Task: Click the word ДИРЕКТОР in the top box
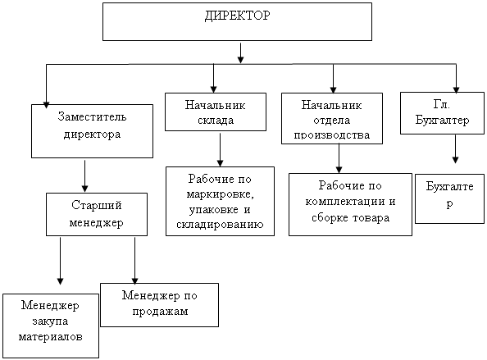click(237, 16)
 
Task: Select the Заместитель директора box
click(93, 131)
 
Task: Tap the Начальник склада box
click(216, 112)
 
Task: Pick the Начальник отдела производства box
click(332, 118)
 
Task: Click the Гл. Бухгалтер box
click(442, 113)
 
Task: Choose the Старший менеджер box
click(97, 214)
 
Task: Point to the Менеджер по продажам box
click(159, 305)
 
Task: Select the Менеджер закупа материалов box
click(51, 326)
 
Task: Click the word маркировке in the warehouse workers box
click(221, 194)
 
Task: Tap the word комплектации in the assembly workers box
click(345, 202)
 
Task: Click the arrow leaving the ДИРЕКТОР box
click(240, 52)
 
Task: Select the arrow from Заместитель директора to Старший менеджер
click(84, 175)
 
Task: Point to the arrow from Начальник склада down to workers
click(221, 150)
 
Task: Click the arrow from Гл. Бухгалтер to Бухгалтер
click(455, 148)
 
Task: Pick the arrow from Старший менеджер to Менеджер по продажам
click(134, 261)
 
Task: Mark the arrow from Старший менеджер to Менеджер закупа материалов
click(60, 261)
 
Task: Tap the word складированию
click(220, 224)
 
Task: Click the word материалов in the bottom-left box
click(51, 337)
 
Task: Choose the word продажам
click(160, 312)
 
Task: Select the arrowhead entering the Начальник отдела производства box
click(333, 89)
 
